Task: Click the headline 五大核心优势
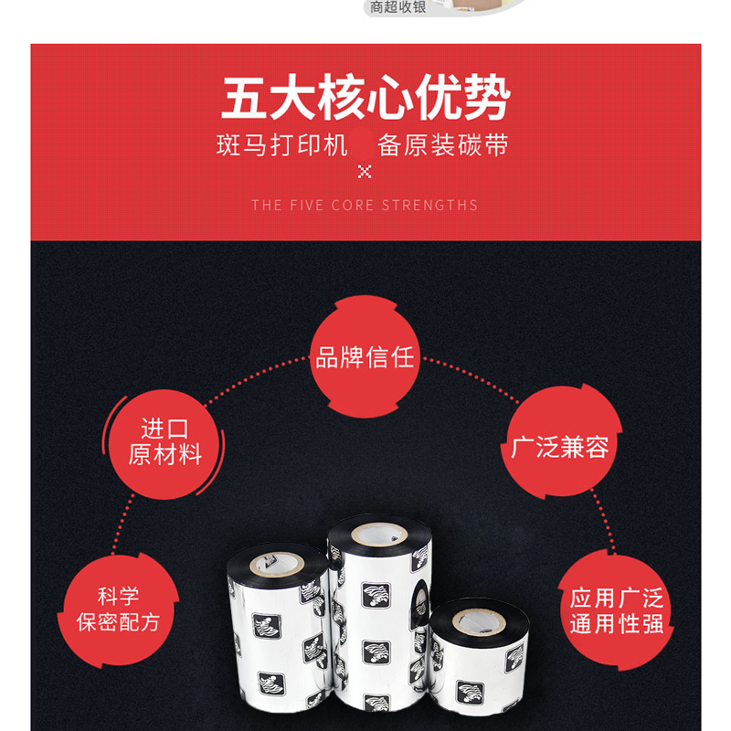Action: click(x=365, y=98)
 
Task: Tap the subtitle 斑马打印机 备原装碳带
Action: click(x=362, y=145)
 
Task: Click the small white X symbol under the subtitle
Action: click(x=365, y=172)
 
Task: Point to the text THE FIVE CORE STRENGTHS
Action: click(x=365, y=205)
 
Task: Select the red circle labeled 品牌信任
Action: click(x=365, y=356)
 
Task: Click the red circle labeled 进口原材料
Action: click(x=164, y=444)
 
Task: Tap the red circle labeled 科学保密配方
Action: click(x=118, y=609)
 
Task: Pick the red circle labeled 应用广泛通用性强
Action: click(x=616, y=609)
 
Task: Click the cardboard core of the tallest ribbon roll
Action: click(x=379, y=535)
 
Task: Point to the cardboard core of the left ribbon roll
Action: click(x=277, y=565)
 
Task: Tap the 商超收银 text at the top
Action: click(x=397, y=7)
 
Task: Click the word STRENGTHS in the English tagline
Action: click(x=429, y=205)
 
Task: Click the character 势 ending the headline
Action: click(x=487, y=98)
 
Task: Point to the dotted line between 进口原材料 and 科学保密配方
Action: click(x=122, y=524)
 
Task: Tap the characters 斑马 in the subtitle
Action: click(x=242, y=145)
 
